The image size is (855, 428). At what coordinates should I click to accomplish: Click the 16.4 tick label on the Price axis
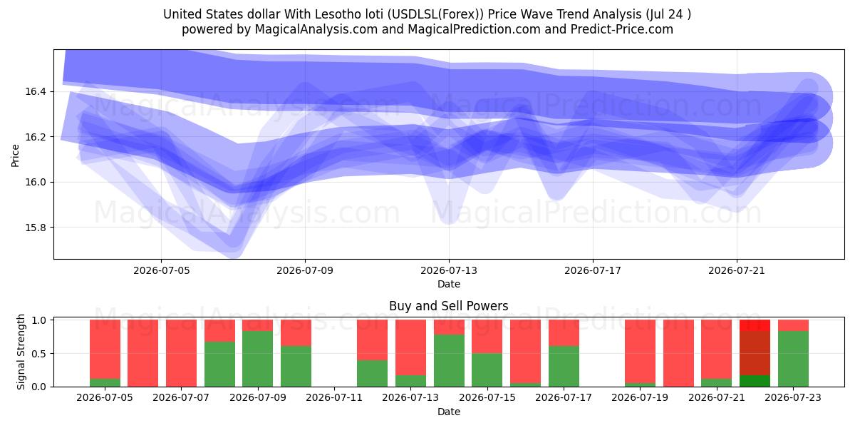[35, 91]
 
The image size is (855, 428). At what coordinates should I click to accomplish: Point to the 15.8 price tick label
[35, 228]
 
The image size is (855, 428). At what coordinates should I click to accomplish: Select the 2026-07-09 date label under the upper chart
[305, 270]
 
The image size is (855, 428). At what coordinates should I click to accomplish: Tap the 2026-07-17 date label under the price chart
[592, 270]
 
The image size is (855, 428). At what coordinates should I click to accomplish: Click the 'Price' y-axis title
[15, 156]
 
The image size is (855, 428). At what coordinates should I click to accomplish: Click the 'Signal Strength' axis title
[21, 352]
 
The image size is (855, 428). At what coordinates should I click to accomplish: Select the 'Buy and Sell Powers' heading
[448, 306]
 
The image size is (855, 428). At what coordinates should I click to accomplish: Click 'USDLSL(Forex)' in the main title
[436, 14]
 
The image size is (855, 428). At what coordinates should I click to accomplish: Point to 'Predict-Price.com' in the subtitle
[622, 29]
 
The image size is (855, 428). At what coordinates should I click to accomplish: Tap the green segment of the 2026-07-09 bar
[258, 359]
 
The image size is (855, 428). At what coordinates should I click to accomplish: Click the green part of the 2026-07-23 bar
[793, 359]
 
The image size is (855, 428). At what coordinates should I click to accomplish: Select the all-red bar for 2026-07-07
[181, 353]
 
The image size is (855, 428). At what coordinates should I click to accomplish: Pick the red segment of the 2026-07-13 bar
[410, 347]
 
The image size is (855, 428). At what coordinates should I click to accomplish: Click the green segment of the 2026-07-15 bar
[487, 370]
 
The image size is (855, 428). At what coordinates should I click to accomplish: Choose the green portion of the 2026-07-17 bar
[564, 367]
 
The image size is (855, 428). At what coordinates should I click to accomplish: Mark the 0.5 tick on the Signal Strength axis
[39, 354]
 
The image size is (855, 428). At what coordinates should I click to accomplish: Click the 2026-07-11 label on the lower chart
[334, 397]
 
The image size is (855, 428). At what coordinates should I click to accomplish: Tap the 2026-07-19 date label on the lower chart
[640, 397]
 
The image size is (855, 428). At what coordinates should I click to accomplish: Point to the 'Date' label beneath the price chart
[448, 284]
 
